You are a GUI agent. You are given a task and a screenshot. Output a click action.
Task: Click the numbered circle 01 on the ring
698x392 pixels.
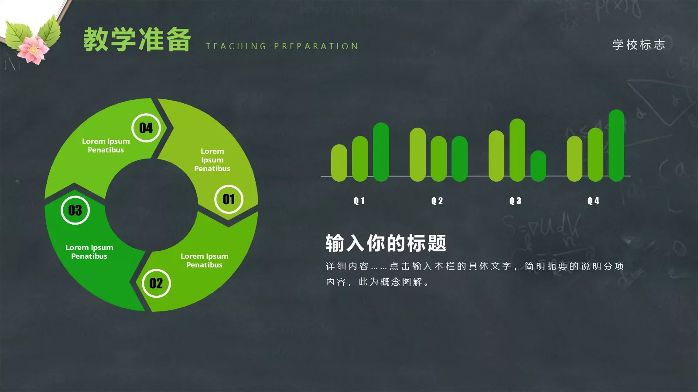tap(229, 199)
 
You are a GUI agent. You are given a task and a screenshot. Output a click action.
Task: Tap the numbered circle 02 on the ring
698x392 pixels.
tap(156, 284)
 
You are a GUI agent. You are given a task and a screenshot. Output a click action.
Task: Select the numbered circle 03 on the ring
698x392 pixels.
tap(75, 210)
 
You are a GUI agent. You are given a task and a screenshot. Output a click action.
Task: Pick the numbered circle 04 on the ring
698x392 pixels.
tap(146, 128)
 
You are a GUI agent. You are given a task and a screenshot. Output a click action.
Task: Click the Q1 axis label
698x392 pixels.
tap(359, 201)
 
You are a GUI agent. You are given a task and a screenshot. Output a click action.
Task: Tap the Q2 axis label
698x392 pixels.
tap(437, 201)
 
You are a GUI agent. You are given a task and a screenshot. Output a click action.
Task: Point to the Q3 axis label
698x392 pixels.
tap(515, 201)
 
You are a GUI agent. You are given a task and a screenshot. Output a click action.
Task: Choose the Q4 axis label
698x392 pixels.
tap(593, 201)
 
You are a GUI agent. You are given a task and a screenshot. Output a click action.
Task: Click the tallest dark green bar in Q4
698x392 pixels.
tap(616, 145)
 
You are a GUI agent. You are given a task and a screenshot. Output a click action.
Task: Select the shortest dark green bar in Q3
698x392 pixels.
tap(538, 166)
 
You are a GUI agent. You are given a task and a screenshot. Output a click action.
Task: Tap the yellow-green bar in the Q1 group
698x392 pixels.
tap(339, 163)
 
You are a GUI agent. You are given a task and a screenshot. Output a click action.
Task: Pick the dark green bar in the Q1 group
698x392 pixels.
tap(381, 152)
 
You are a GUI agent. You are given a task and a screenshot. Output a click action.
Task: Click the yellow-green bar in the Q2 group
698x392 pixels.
tap(417, 155)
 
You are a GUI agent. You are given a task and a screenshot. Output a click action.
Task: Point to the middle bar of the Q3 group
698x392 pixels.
tap(517, 150)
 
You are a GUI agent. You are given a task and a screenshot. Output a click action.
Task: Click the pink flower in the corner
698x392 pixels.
tap(33, 49)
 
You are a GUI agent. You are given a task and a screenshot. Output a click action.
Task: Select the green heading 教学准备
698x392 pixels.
tap(137, 40)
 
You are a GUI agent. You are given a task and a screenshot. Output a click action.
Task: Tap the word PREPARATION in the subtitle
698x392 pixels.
tap(316, 46)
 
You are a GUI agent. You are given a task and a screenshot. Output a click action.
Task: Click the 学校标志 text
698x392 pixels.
tap(639, 44)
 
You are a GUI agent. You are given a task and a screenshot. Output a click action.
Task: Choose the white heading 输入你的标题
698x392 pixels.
tap(386, 243)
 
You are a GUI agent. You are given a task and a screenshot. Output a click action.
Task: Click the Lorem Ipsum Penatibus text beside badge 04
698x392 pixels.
tap(106, 145)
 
